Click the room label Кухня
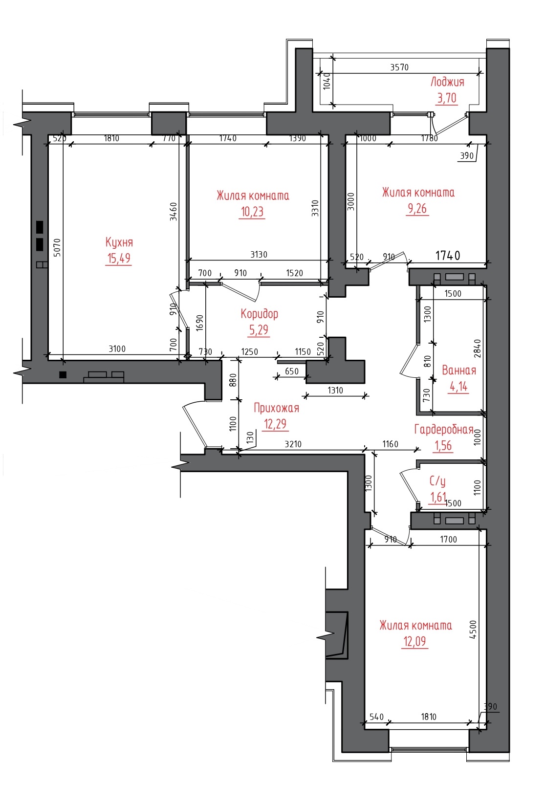point(119,242)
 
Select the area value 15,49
point(119,258)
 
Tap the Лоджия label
point(447,82)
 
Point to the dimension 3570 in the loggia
point(399,67)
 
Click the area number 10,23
point(252,212)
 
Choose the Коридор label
point(259,314)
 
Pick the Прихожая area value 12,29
point(275,424)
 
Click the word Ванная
point(458,370)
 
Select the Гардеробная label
point(444,430)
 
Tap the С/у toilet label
point(437,481)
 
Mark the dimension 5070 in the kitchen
point(57,248)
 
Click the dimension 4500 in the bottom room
point(473,629)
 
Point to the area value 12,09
point(415,641)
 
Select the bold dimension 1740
point(448,256)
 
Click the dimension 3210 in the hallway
point(293,444)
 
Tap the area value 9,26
point(417,208)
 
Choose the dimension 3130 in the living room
point(259,255)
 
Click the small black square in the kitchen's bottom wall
point(63,375)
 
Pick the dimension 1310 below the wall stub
point(335,391)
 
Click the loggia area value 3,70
point(447,98)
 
